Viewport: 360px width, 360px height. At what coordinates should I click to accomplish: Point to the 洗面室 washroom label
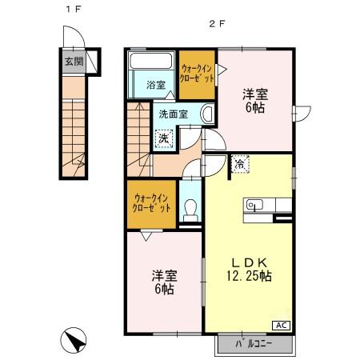173,114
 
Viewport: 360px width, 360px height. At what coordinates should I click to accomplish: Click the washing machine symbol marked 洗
162,138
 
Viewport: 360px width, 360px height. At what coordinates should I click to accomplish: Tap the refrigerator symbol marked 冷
240,164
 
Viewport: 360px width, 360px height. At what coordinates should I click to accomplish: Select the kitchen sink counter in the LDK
260,205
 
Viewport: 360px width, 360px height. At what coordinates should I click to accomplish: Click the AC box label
283,325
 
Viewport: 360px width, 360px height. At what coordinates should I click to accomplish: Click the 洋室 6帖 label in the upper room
255,99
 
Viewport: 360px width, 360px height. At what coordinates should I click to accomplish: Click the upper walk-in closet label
197,75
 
